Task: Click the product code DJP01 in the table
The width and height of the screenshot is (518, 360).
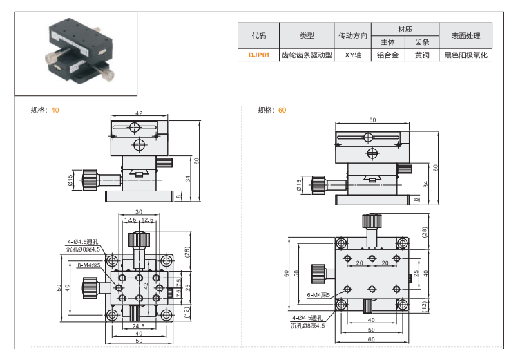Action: click(x=258, y=55)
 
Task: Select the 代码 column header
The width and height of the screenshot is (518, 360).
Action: click(x=258, y=35)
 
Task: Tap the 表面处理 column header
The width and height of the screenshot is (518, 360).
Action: click(x=466, y=35)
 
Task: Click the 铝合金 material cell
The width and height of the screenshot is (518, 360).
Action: click(x=388, y=55)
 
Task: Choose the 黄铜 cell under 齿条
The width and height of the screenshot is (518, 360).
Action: click(x=422, y=55)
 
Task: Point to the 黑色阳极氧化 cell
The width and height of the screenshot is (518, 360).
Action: click(x=466, y=55)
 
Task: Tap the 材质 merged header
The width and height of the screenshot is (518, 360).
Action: click(x=405, y=29)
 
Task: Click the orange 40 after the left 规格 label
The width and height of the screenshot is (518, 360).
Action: click(x=55, y=110)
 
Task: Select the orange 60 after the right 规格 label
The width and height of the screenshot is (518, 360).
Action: click(x=282, y=110)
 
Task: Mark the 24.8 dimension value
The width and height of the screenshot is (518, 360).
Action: click(x=138, y=326)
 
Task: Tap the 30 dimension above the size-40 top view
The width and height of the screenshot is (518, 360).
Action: click(x=138, y=212)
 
